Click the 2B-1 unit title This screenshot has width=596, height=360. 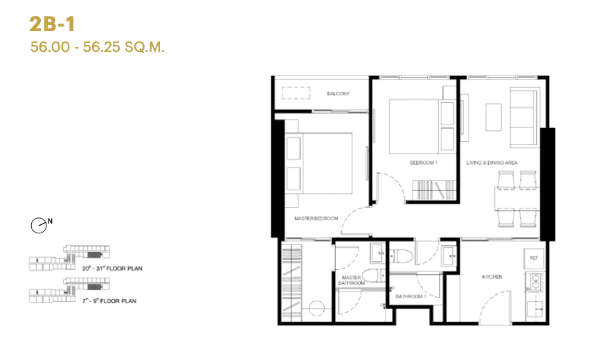pos(52,24)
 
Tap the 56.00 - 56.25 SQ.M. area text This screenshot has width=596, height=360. pos(97,48)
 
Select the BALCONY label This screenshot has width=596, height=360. pos(338,93)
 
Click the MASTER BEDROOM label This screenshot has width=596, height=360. pos(316,219)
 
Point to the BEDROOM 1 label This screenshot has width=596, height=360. pos(424,163)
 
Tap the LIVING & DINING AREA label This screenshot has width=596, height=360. pos(491,163)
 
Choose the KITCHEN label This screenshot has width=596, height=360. pos(492,277)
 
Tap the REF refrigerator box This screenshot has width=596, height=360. pos(534,258)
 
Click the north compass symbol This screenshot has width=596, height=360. pos(40,224)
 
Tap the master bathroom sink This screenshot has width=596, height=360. pos(378,253)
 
